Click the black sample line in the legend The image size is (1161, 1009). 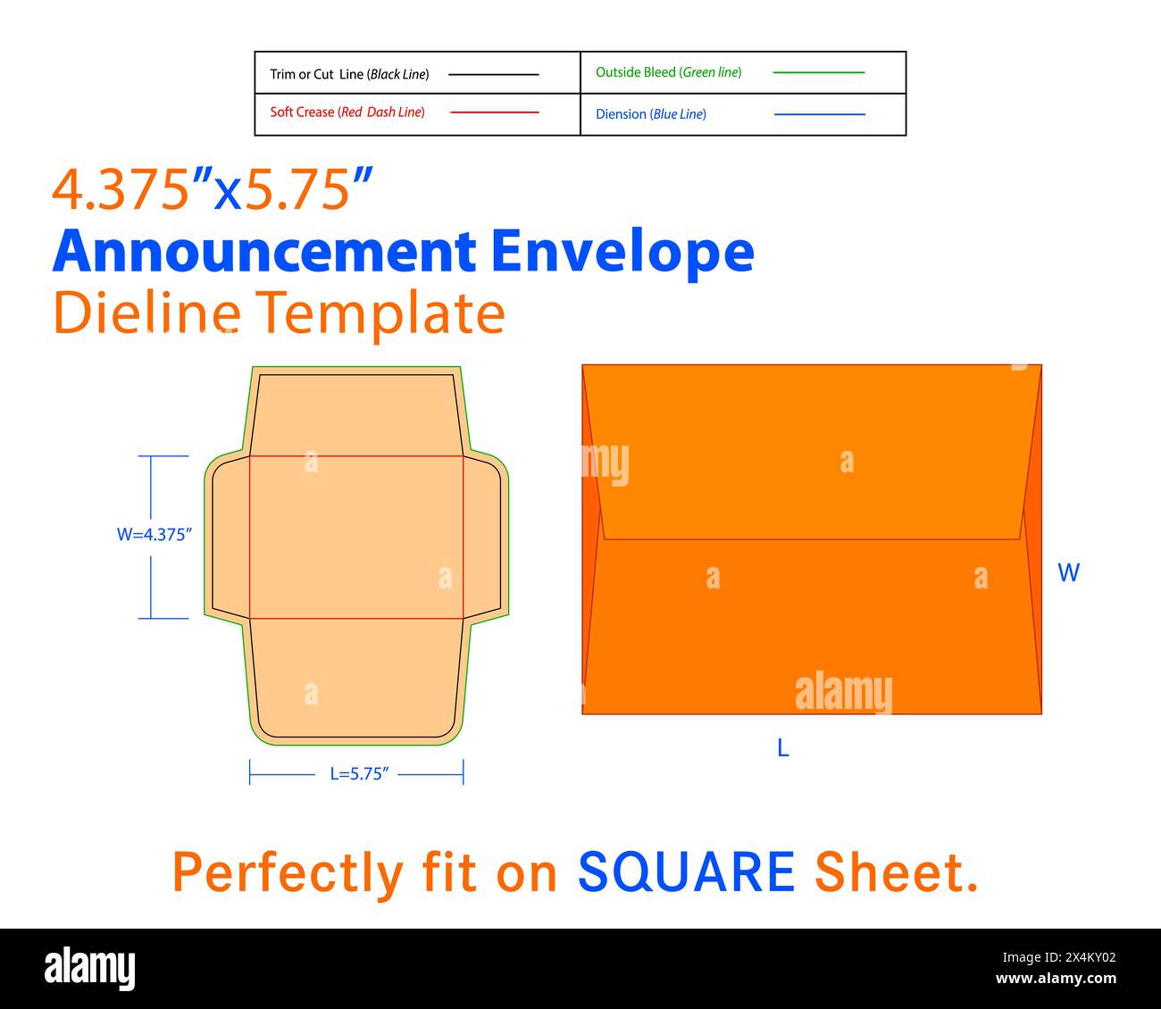coord(493,74)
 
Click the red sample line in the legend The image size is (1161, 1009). coord(494,113)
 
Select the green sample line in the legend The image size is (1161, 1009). coord(818,72)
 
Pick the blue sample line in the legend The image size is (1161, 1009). coord(819,114)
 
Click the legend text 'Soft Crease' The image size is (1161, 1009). coord(303,113)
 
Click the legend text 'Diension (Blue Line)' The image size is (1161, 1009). coord(651,114)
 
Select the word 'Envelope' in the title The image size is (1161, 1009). coord(622,252)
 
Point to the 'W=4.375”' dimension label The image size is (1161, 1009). coord(155,535)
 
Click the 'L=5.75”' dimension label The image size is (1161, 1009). coord(360,774)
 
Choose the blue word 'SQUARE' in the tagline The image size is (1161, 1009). coord(686,872)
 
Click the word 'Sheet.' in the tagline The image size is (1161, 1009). coord(896,872)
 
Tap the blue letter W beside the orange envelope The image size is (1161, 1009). coord(1068,572)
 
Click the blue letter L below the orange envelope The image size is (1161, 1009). coord(783,748)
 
